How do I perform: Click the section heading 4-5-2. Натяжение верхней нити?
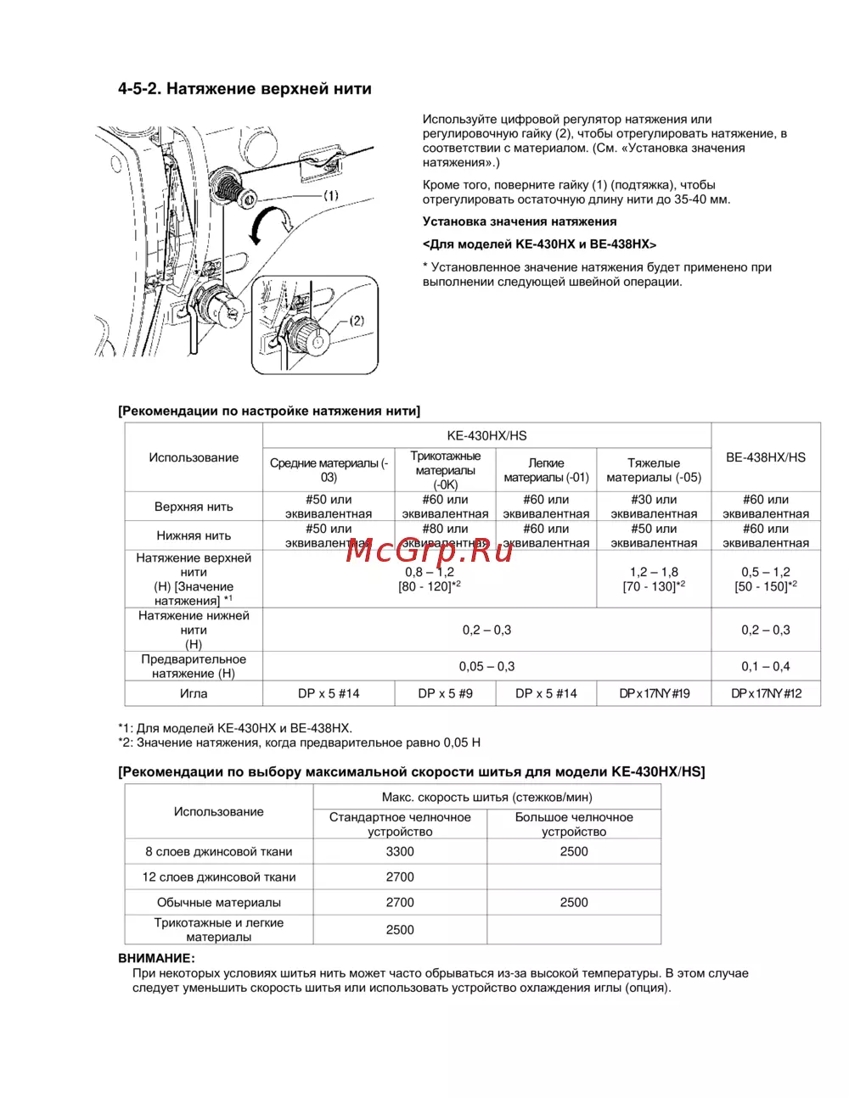[x=245, y=89]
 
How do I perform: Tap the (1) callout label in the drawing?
[x=330, y=195]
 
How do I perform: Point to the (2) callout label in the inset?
[x=357, y=321]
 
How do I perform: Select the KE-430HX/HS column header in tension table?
[x=486, y=435]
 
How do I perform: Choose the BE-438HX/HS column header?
[x=766, y=457]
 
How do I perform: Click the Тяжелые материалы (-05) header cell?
[x=654, y=470]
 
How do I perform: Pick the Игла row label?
[x=194, y=693]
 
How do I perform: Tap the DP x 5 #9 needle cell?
[x=446, y=693]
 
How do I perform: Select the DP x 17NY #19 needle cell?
[x=655, y=693]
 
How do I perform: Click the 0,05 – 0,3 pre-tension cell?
[x=486, y=666]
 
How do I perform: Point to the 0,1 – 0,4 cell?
[x=766, y=666]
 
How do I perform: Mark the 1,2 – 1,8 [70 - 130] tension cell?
[x=654, y=579]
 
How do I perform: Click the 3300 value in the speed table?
[x=400, y=851]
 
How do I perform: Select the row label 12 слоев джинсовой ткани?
[x=219, y=877]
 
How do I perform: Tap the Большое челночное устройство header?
[x=574, y=824]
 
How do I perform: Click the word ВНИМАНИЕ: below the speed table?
[x=156, y=958]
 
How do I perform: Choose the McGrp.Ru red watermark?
[x=430, y=551]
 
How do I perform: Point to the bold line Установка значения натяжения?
[x=520, y=221]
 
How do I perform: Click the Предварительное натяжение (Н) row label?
[x=194, y=666]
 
